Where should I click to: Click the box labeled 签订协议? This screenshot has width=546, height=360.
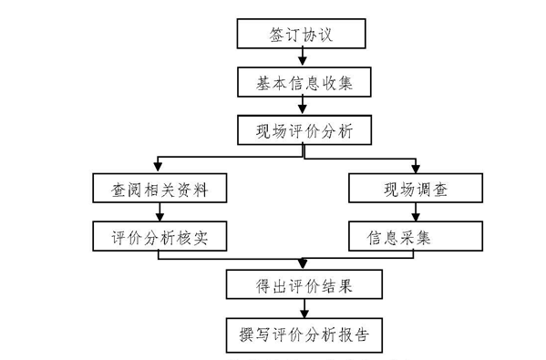(303, 34)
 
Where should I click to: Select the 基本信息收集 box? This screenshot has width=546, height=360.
(303, 83)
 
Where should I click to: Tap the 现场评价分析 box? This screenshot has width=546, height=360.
(303, 130)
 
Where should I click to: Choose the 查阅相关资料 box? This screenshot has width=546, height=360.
(160, 190)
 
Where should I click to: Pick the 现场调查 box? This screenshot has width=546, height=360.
(415, 190)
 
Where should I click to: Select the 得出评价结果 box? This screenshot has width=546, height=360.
(303, 285)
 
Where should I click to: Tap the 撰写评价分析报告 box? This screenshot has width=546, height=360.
(303, 333)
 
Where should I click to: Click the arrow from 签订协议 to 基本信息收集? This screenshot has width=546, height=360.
(303, 58)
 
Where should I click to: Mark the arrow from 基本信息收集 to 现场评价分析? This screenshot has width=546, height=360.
(303, 107)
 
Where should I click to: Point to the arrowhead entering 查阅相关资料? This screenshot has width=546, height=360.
(160, 170)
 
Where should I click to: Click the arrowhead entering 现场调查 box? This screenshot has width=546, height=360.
(415, 170)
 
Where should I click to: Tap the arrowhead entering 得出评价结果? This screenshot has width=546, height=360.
(303, 265)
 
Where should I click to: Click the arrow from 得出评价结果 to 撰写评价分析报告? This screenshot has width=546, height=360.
(303, 309)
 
